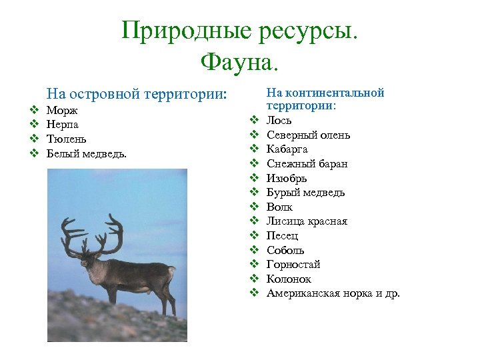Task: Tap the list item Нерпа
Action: [62, 125]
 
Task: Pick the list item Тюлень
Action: [66, 139]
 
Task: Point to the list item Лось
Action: [278, 121]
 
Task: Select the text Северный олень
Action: [308, 135]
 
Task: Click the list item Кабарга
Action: [287, 149]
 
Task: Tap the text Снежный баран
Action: [307, 164]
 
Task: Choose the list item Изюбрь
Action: [287, 179]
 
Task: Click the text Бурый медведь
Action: [305, 193]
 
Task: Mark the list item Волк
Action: [279, 207]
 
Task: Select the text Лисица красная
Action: [307, 221]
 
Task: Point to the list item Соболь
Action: [285, 250]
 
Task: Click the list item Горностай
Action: [293, 265]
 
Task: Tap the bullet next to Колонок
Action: [254, 279]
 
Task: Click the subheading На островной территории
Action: [137, 95]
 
